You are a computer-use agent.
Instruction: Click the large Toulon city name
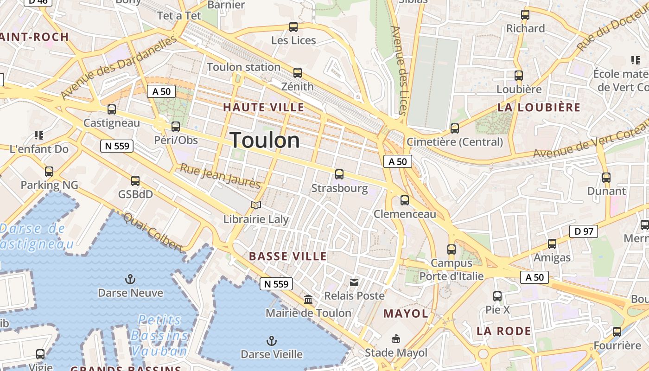265,140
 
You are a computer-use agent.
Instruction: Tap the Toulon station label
243,67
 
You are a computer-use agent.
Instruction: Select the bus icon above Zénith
298,73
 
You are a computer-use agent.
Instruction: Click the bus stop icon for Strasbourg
339,174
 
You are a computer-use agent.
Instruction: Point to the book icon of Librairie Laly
256,205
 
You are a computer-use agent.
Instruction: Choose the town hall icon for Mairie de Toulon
308,300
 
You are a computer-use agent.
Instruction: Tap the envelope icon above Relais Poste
354,282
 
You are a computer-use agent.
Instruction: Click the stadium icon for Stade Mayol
396,339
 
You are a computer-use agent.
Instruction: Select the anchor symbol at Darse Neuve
130,279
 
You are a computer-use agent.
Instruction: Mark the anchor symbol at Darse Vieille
272,341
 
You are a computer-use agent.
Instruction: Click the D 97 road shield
584,231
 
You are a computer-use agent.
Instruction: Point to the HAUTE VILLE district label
264,108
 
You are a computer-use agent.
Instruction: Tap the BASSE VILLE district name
288,256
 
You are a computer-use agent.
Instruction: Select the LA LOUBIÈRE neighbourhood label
539,108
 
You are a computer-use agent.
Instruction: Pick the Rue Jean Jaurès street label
220,176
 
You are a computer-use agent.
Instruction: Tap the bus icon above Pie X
497,296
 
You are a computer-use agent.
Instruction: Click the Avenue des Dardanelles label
119,68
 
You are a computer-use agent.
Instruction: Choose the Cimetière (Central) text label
455,142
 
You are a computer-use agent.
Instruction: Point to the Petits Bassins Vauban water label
159,335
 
